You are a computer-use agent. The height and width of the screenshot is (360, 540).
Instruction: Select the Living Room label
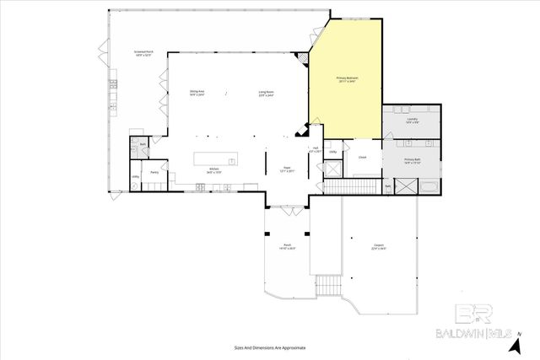(266, 94)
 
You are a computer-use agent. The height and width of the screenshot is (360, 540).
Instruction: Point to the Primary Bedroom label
(346, 78)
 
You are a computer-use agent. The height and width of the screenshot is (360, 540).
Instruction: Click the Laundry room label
(411, 121)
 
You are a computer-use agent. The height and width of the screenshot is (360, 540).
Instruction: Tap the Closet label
(362, 157)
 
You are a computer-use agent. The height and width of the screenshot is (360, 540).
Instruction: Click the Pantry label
(154, 173)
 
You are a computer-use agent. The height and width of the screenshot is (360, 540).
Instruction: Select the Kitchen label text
(215, 171)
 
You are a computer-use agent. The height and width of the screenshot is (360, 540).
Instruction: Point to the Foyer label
(286, 169)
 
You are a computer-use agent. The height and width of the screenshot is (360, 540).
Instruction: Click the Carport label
(378, 248)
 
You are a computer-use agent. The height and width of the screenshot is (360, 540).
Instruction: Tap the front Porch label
(287, 248)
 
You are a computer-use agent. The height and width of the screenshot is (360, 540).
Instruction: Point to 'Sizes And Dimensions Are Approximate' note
(269, 347)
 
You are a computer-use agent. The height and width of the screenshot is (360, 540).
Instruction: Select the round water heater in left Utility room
(135, 185)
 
